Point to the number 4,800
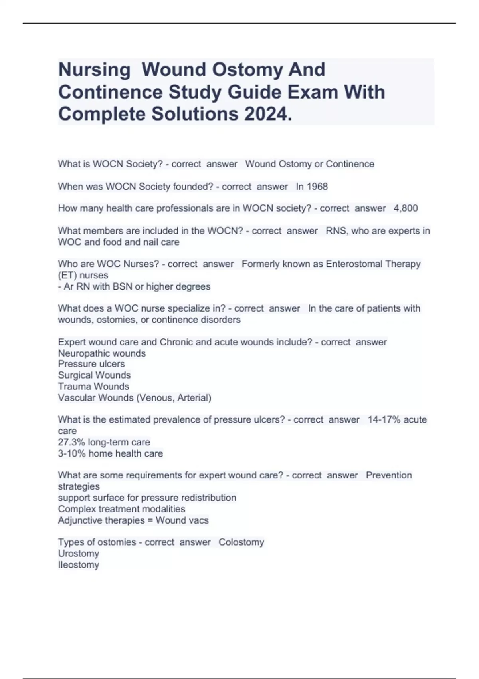406,208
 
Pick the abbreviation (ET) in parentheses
67,275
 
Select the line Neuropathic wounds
102,353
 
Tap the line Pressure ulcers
91,364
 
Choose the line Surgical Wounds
94,375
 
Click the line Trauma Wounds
93,387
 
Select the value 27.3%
71,442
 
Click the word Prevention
388,475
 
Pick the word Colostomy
241,542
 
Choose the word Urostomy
78,554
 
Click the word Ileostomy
78,565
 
